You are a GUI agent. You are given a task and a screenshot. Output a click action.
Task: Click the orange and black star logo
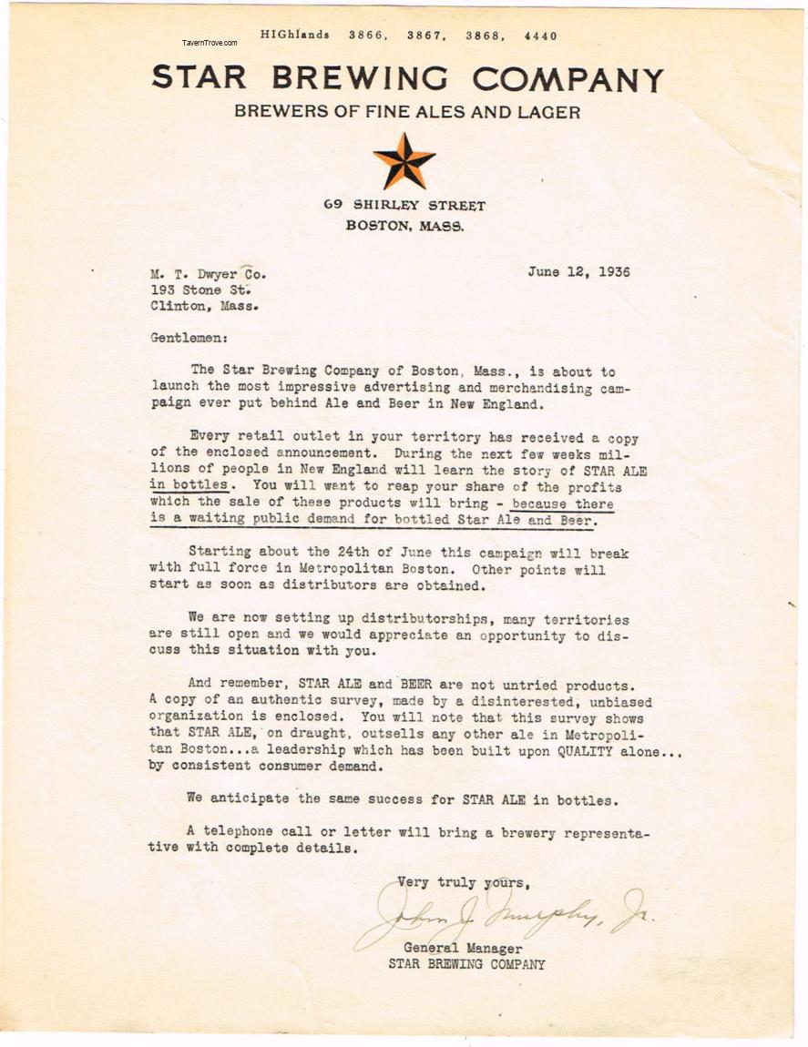pyautogui.click(x=404, y=161)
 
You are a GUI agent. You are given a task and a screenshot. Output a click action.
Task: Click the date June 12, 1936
pyautogui.click(x=578, y=272)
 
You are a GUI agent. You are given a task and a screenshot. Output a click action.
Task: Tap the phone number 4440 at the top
pyautogui.click(x=540, y=36)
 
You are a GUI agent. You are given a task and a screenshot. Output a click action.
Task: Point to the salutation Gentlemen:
pyautogui.click(x=189, y=338)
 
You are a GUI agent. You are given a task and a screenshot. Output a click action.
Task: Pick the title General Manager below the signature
pyautogui.click(x=463, y=948)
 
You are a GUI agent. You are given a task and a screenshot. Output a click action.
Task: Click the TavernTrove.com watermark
pyautogui.click(x=210, y=43)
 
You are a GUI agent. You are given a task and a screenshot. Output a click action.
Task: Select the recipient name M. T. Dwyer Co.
pyautogui.click(x=209, y=273)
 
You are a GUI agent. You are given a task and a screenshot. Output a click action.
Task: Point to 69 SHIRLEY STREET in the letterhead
pyautogui.click(x=404, y=207)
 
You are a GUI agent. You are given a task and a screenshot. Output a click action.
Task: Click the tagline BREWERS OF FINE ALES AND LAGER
pyautogui.click(x=407, y=112)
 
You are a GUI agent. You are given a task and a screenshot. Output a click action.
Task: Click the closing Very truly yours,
pyautogui.click(x=463, y=882)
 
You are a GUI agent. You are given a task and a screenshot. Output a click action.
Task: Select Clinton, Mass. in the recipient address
pyautogui.click(x=204, y=306)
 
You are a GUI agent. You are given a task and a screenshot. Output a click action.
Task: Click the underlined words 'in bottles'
pyautogui.click(x=188, y=485)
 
